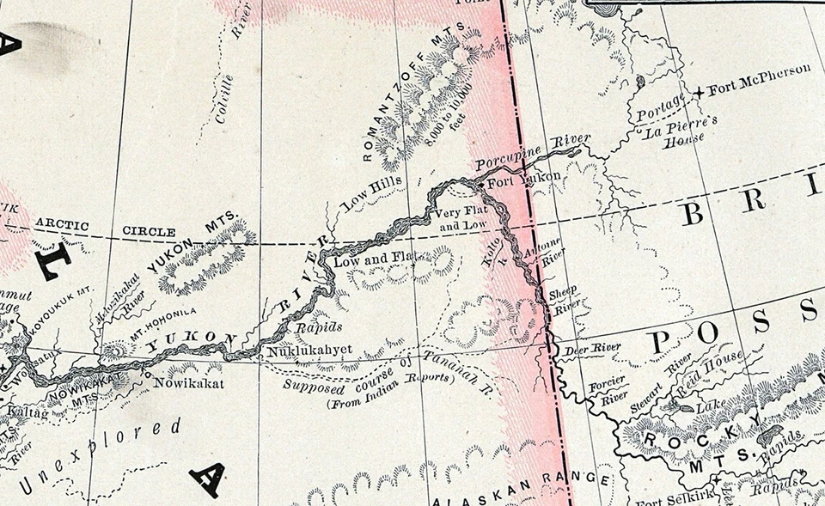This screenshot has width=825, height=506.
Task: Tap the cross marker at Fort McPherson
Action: [x=701, y=91]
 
